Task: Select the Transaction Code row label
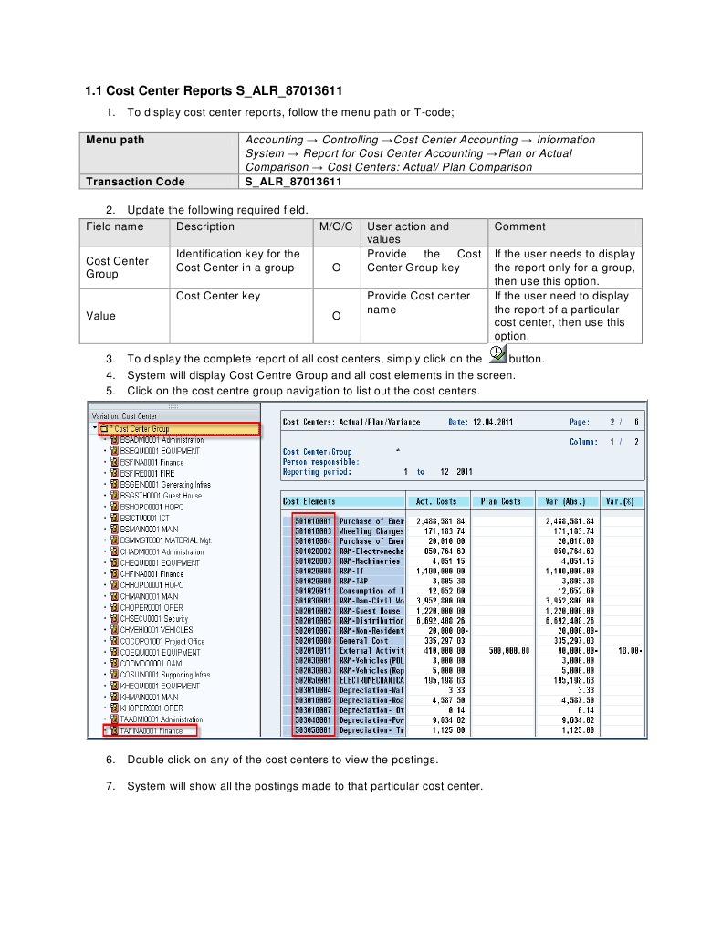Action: click(x=135, y=182)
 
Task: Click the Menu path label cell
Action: click(x=115, y=140)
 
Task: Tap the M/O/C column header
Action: click(x=336, y=226)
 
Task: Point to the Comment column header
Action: click(x=519, y=226)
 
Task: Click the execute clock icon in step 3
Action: click(x=497, y=355)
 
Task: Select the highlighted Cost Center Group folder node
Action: click(x=140, y=428)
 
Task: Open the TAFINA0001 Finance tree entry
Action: click(x=152, y=730)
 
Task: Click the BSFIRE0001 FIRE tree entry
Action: click(x=148, y=473)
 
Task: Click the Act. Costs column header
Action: click(x=436, y=501)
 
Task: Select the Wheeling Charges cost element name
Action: click(x=371, y=530)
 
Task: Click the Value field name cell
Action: click(x=101, y=316)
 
